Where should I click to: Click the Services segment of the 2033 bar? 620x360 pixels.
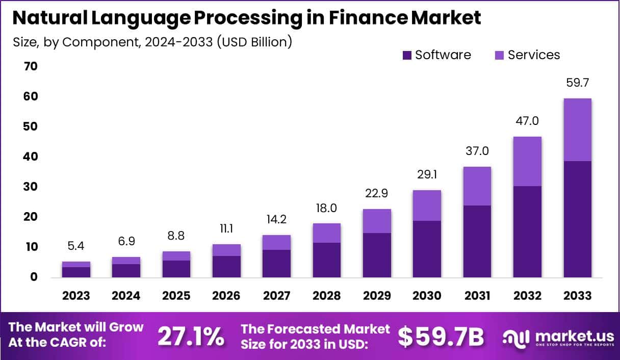pos(577,130)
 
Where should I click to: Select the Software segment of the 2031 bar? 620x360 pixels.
pos(477,241)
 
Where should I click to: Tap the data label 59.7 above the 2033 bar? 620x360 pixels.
pos(577,83)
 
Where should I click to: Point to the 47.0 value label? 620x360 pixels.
pos(527,121)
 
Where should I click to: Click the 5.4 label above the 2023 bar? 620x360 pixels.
pos(76,246)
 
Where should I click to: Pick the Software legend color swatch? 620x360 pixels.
pos(407,55)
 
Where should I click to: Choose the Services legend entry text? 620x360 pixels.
pos(533,55)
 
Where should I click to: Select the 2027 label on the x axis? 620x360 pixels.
pos(276,296)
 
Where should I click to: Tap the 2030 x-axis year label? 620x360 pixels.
pos(426,296)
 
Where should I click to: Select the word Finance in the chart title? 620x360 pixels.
pos(350,18)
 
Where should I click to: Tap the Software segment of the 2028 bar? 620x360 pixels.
pos(326,260)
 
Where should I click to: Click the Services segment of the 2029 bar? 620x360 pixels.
pos(376,221)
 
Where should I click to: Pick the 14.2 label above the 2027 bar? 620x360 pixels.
pos(276,220)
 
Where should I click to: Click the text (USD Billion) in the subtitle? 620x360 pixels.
pos(254,41)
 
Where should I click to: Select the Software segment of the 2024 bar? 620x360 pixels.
pos(126,270)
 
